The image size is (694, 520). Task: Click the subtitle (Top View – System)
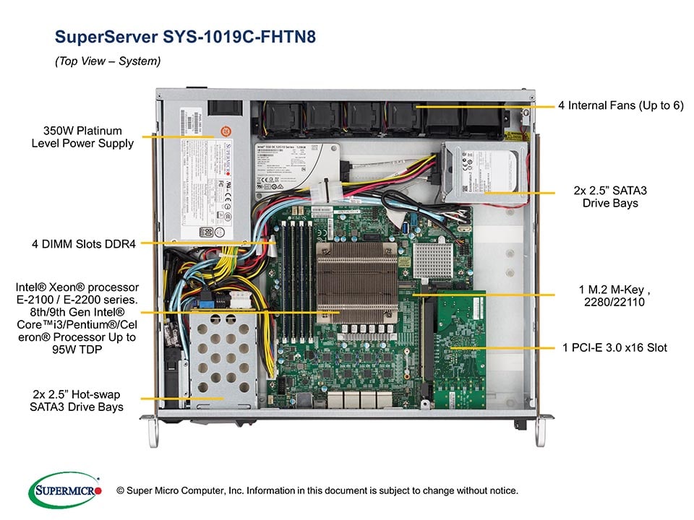108,61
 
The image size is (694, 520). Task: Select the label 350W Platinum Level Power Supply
82,137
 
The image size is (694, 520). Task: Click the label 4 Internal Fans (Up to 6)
620,105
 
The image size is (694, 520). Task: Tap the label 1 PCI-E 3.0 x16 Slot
614,347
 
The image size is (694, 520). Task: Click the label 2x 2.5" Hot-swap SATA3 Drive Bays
77,401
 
